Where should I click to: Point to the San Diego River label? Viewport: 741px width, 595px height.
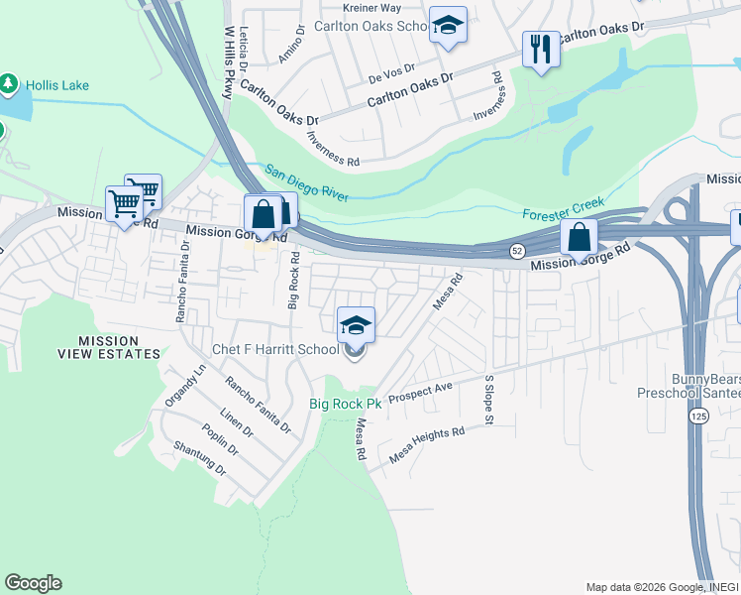click(x=306, y=182)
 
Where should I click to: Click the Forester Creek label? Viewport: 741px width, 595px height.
click(x=563, y=208)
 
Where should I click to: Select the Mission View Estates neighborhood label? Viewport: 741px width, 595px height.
click(x=119, y=347)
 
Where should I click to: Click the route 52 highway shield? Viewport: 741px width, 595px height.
click(x=517, y=252)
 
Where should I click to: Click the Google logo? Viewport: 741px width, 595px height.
click(x=33, y=583)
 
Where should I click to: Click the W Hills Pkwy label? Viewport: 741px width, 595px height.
click(x=230, y=62)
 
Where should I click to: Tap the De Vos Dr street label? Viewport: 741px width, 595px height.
click(x=389, y=74)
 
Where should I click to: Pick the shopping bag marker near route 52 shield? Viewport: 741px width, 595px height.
click(x=578, y=238)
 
